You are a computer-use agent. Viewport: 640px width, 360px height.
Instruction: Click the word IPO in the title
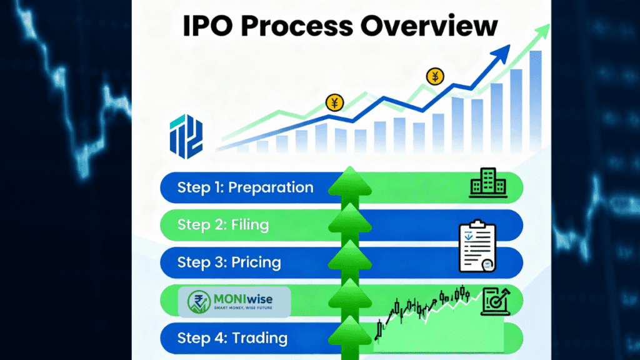(207, 26)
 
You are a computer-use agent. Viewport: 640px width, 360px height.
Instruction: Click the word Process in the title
(297, 26)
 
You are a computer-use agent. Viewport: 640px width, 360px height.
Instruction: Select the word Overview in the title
(429, 26)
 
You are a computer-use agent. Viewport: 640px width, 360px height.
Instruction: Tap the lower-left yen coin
(335, 102)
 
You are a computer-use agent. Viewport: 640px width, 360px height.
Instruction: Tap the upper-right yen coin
(435, 76)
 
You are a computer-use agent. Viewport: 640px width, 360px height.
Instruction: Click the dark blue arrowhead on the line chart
(501, 54)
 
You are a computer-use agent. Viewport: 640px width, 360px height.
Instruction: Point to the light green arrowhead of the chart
(543, 31)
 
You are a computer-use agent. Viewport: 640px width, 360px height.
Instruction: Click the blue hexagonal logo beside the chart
(186, 136)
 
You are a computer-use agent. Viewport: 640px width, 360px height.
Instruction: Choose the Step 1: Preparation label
(245, 187)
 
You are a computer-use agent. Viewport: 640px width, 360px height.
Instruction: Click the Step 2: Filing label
(223, 225)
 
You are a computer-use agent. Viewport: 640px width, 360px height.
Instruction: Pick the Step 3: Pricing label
(229, 262)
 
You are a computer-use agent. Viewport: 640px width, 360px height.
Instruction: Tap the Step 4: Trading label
(232, 338)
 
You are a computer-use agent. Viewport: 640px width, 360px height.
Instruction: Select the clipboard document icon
(477, 246)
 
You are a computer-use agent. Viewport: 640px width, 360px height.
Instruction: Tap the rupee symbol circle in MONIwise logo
(199, 302)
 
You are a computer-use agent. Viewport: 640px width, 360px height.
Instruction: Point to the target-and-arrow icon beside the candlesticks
(496, 301)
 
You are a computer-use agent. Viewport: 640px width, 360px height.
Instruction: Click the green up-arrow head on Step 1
(350, 182)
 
